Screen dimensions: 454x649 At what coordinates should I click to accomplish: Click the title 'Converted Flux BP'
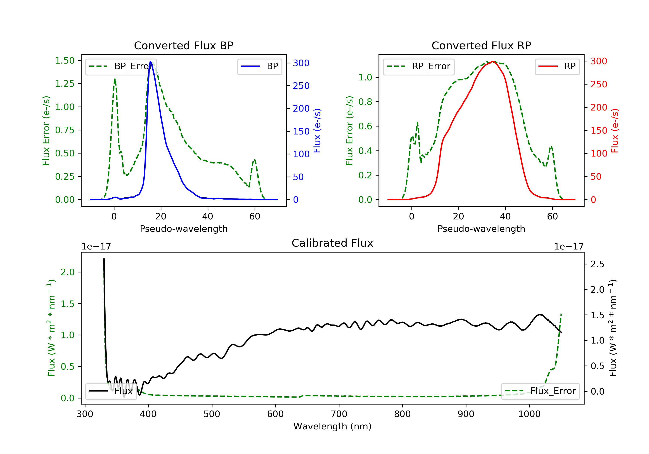[x=183, y=45]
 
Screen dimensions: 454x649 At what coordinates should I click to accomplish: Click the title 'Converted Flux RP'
[x=481, y=45]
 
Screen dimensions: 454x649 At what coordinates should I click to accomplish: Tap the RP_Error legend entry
[x=419, y=66]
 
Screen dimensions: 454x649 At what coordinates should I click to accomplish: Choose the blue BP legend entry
[x=259, y=66]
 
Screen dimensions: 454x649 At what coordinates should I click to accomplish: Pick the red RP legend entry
[x=557, y=66]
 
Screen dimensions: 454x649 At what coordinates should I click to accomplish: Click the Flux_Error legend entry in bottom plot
[x=540, y=391]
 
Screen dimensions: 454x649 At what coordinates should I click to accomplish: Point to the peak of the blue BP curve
[x=150, y=62]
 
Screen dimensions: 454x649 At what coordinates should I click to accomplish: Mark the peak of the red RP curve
[x=493, y=61]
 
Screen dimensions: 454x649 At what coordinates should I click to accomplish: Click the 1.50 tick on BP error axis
[x=65, y=61]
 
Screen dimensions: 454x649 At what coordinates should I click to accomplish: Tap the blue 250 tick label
[x=301, y=86]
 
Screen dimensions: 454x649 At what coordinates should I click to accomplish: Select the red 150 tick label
[x=599, y=131]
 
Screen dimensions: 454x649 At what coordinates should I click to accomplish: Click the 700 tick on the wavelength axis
[x=339, y=414]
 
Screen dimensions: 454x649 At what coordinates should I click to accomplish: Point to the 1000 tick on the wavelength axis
[x=529, y=414]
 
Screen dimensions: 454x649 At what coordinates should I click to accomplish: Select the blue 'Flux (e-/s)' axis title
[x=317, y=131]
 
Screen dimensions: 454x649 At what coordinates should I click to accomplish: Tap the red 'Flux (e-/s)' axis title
[x=615, y=131]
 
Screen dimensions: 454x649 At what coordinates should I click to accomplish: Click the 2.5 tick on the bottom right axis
[x=597, y=264]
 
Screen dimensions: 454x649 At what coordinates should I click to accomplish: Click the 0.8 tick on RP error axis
[x=365, y=102]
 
